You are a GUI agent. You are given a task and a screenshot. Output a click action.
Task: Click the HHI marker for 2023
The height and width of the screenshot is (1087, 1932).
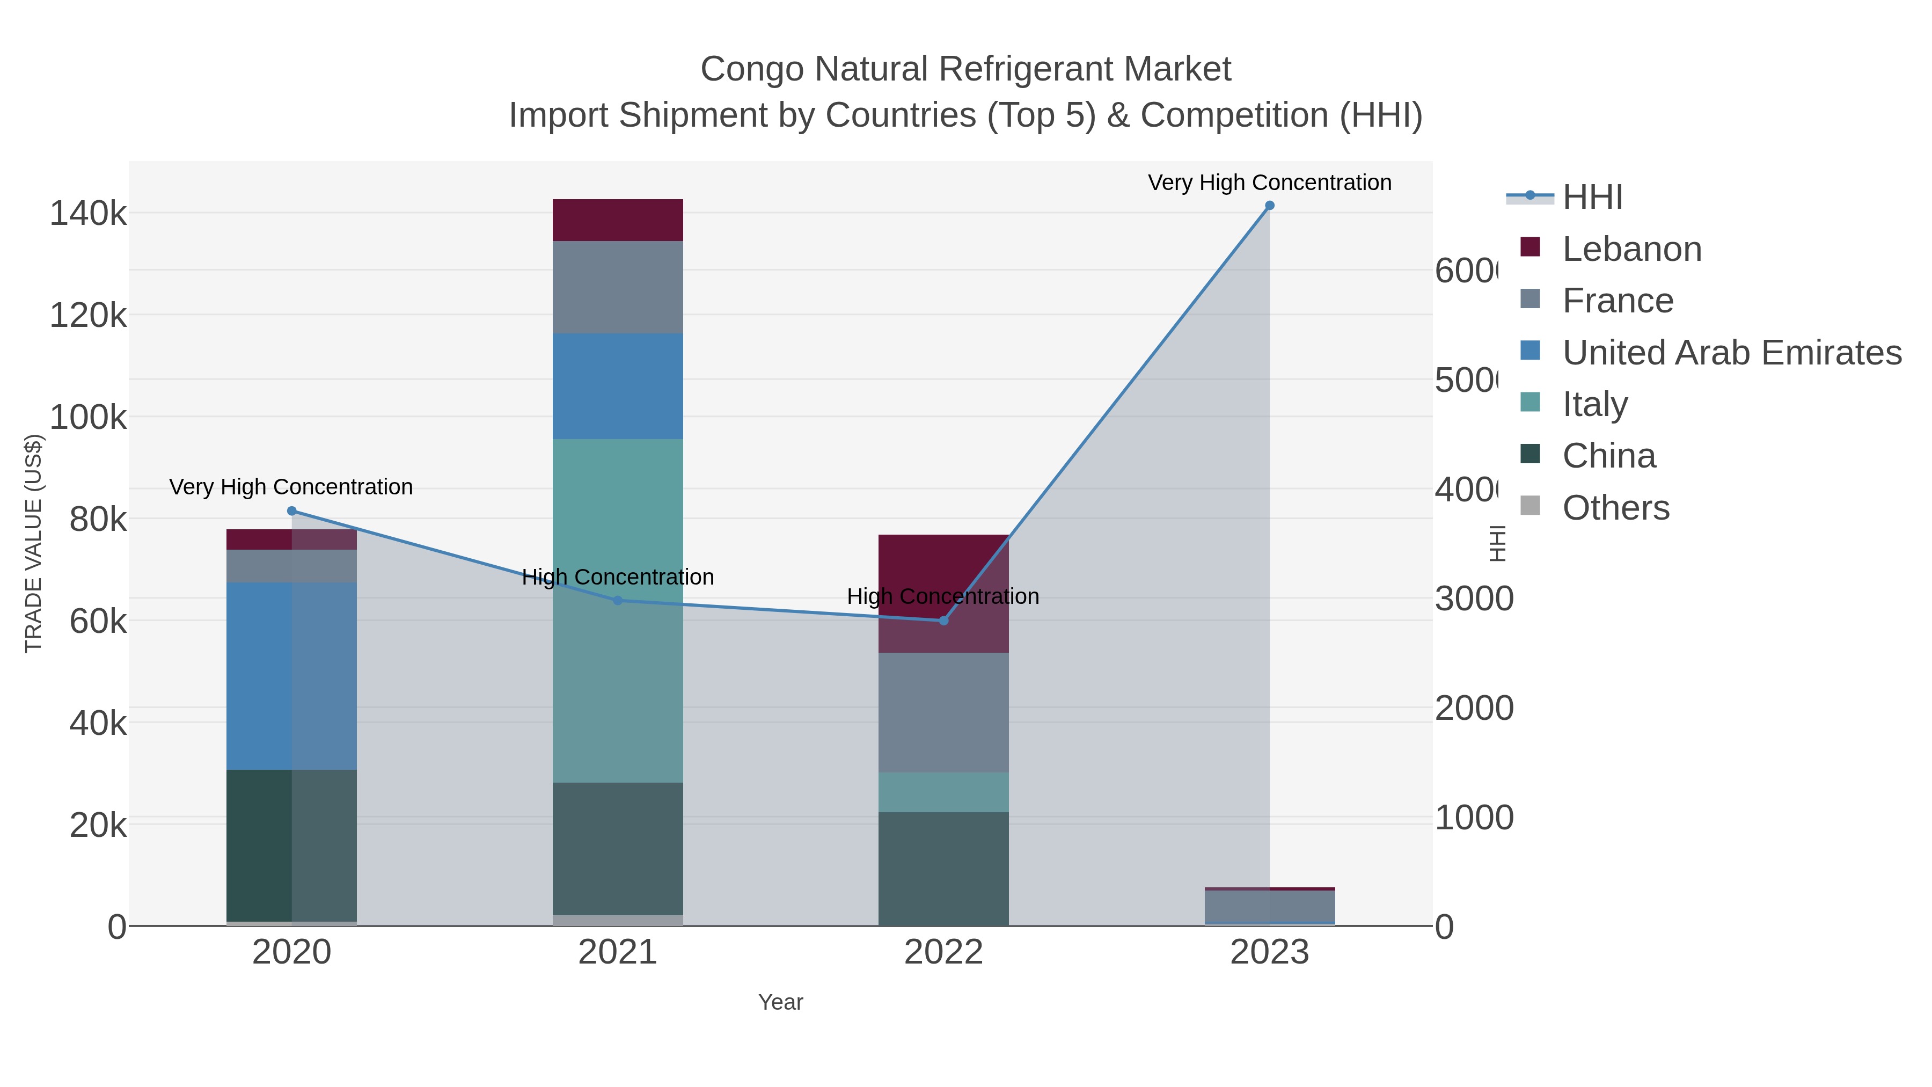[x=1269, y=206]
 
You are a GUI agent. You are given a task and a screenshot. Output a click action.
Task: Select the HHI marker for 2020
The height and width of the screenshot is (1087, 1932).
[x=292, y=511]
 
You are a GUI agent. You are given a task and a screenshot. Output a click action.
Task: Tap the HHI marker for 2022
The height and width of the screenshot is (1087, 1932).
[x=943, y=621]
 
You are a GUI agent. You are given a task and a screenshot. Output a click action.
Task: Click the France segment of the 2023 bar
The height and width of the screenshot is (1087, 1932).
[x=1269, y=906]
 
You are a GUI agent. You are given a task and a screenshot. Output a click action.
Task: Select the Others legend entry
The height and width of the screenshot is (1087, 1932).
[x=1615, y=508]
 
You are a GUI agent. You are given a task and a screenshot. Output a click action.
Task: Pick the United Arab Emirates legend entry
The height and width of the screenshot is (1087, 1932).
[x=1730, y=353]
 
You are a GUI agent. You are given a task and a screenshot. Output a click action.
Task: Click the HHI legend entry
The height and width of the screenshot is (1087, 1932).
[x=1592, y=198]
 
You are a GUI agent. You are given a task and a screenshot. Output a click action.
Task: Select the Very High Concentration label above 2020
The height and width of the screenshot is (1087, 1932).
[x=291, y=487]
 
